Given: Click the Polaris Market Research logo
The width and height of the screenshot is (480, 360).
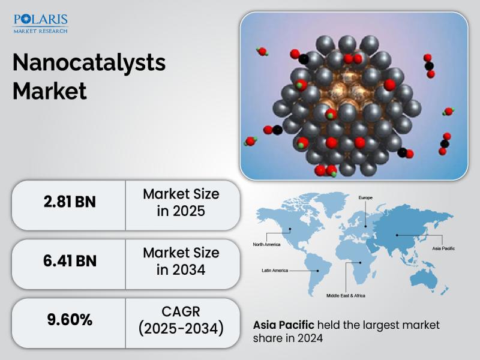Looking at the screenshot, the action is (x=40, y=23).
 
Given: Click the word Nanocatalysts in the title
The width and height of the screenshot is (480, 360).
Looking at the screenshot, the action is (x=89, y=63).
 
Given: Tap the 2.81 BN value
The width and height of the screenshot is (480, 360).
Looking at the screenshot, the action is (x=70, y=202).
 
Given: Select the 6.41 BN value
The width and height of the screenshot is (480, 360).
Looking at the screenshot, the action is (x=70, y=261).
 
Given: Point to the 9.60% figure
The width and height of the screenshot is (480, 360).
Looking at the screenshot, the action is (x=70, y=320).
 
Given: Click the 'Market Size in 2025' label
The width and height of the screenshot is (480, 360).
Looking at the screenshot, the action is (x=181, y=202).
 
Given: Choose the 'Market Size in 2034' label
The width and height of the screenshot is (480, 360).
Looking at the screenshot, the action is (x=181, y=261).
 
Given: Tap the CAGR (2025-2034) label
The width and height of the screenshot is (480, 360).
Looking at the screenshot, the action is (x=181, y=320).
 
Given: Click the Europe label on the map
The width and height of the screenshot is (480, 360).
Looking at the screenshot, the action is (x=365, y=198).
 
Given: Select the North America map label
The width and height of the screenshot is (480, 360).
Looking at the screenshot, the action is (x=266, y=244).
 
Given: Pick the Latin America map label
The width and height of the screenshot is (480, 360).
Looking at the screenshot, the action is (x=275, y=271).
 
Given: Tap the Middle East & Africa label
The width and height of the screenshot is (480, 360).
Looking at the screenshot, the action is (x=346, y=295).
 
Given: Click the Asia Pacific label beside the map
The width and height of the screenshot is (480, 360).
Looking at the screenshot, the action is (x=443, y=248).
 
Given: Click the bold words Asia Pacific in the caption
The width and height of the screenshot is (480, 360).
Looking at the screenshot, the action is (x=283, y=325).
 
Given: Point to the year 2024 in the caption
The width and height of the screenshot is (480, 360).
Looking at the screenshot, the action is (x=310, y=338).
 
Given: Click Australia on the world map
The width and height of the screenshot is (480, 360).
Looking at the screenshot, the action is (x=424, y=280).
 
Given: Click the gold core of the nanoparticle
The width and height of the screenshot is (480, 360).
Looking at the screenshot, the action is (x=346, y=92).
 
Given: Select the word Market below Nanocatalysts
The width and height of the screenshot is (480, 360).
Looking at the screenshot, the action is (x=50, y=91).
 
